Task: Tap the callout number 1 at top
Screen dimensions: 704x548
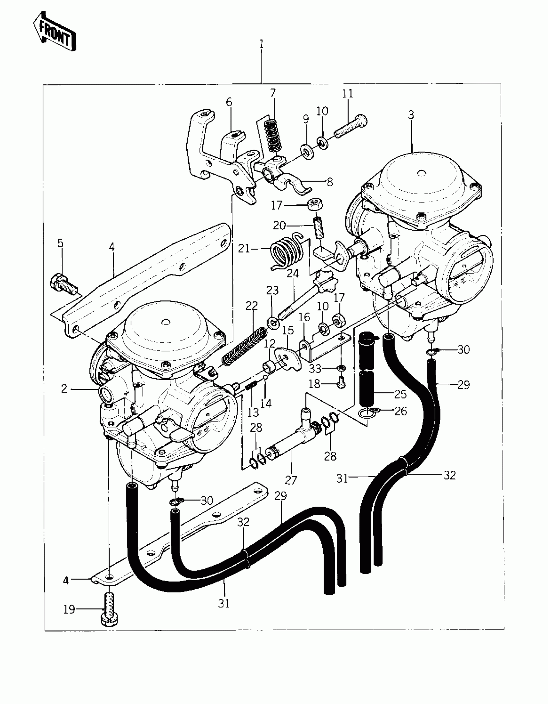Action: click(x=261, y=45)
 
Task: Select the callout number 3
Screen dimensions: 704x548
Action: click(x=411, y=115)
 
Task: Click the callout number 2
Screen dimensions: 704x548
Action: click(x=64, y=389)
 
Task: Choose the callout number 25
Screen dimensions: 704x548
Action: click(x=400, y=394)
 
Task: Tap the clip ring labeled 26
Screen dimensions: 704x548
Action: click(x=366, y=412)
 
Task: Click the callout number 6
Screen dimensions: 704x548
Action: click(x=229, y=103)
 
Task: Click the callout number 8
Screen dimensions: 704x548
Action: click(x=329, y=182)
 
